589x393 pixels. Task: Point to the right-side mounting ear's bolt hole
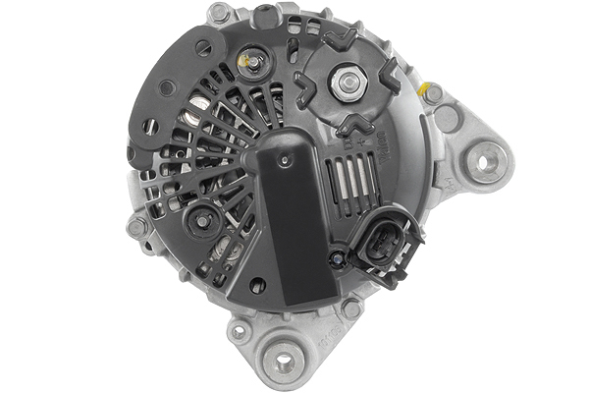[484, 155]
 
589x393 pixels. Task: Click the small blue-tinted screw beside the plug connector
[337, 257]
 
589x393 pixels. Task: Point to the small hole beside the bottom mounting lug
[238, 332]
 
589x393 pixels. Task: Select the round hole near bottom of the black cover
[258, 286]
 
